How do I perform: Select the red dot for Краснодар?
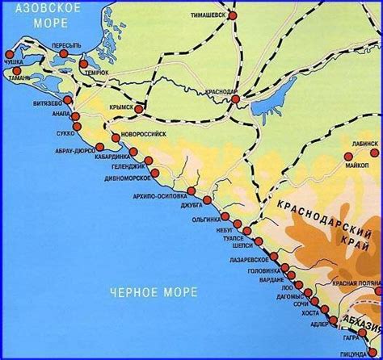(235, 94)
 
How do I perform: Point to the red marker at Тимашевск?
(233, 15)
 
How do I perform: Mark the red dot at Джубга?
(207, 199)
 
